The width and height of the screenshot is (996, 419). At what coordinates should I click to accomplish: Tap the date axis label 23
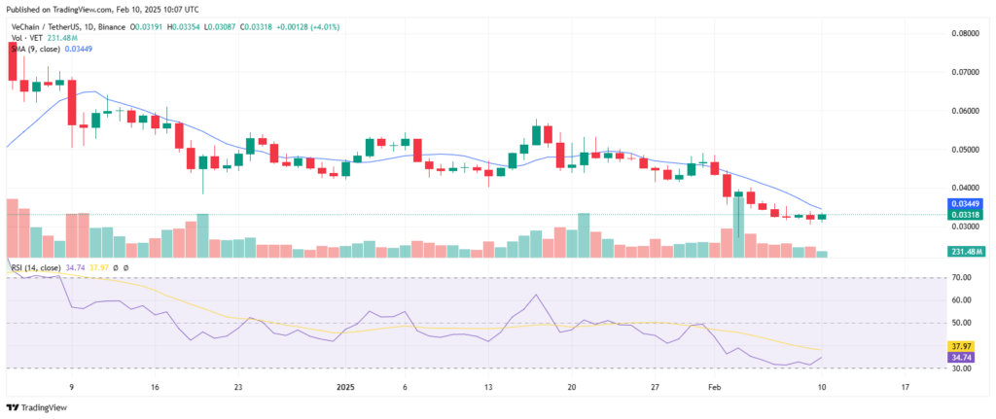pos(238,387)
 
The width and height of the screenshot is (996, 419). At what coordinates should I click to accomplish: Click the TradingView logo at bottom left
pos(32,407)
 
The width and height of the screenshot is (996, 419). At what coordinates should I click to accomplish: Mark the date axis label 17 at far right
pos(906,387)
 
